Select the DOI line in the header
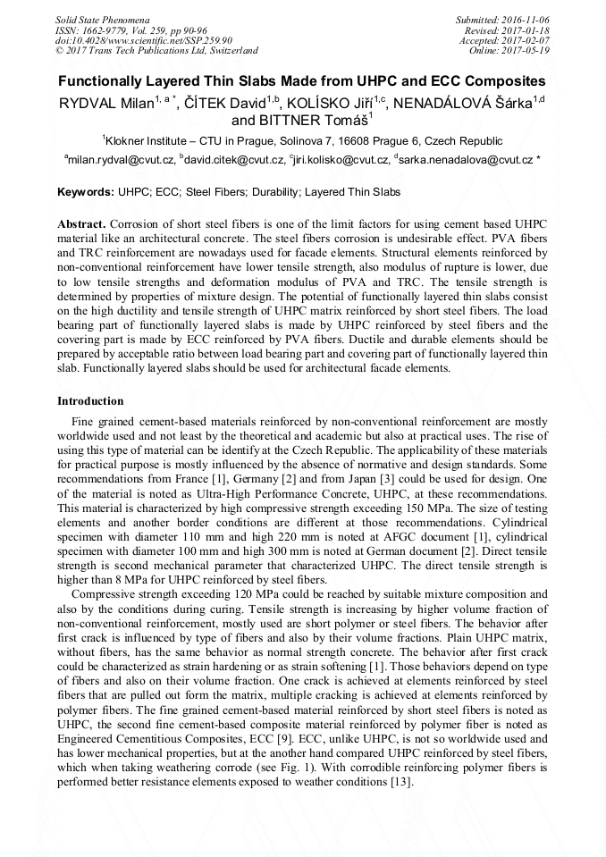144,40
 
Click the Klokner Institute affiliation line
302,140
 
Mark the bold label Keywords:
86,192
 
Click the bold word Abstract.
82,222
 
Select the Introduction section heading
90,401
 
